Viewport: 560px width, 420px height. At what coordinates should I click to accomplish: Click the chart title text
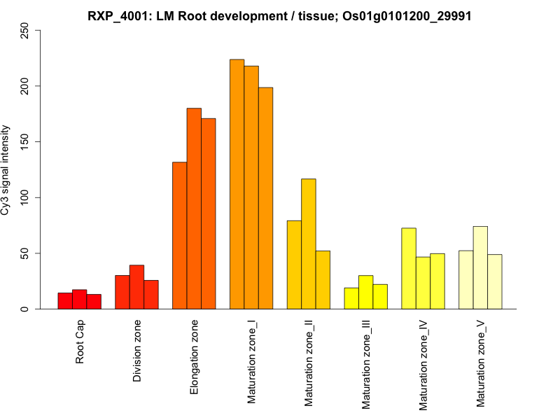click(279, 15)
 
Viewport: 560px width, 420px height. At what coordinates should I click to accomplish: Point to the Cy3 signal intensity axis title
click(6, 170)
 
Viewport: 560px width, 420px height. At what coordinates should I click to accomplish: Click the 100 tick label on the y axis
click(25, 197)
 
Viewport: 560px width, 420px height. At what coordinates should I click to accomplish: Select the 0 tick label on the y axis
click(25, 309)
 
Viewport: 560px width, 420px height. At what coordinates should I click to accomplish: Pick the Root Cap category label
click(80, 342)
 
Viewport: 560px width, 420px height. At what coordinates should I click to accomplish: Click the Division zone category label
click(137, 351)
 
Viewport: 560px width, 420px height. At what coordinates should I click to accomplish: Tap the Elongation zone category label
click(195, 357)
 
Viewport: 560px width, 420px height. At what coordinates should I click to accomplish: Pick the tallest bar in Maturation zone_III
click(366, 292)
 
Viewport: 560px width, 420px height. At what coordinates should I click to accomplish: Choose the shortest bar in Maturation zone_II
click(323, 279)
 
